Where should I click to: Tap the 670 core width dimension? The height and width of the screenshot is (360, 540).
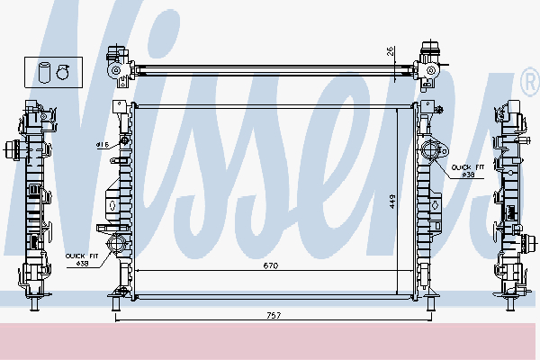click(x=269, y=265)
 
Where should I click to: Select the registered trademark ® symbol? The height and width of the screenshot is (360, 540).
click(x=528, y=83)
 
